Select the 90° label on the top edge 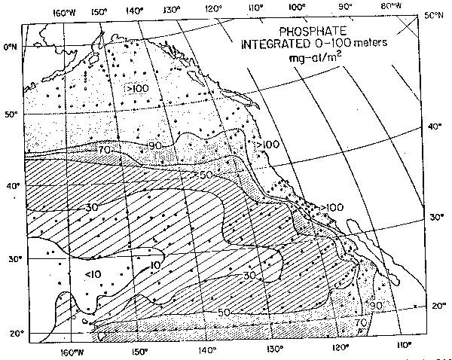pos(346,9)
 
